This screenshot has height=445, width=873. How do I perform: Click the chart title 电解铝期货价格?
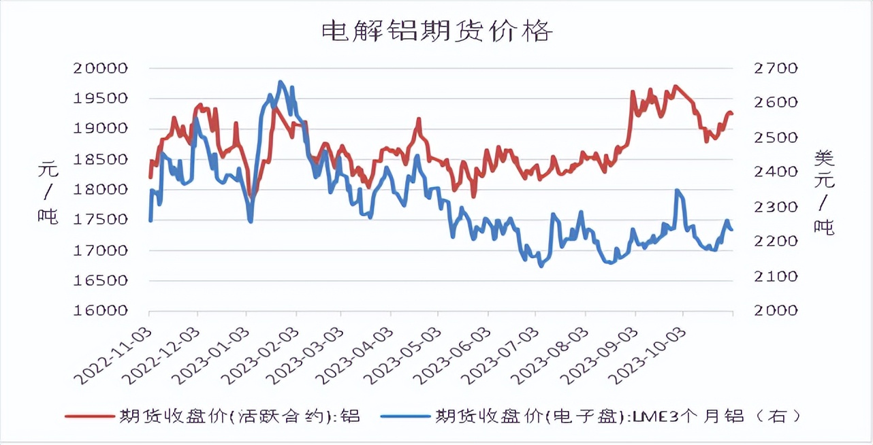436,31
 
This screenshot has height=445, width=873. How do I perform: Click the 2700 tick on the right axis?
774,68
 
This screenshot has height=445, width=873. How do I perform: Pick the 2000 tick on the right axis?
774,310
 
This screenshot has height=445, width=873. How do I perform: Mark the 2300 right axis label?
774,207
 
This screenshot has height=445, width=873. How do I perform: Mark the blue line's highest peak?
281,82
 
